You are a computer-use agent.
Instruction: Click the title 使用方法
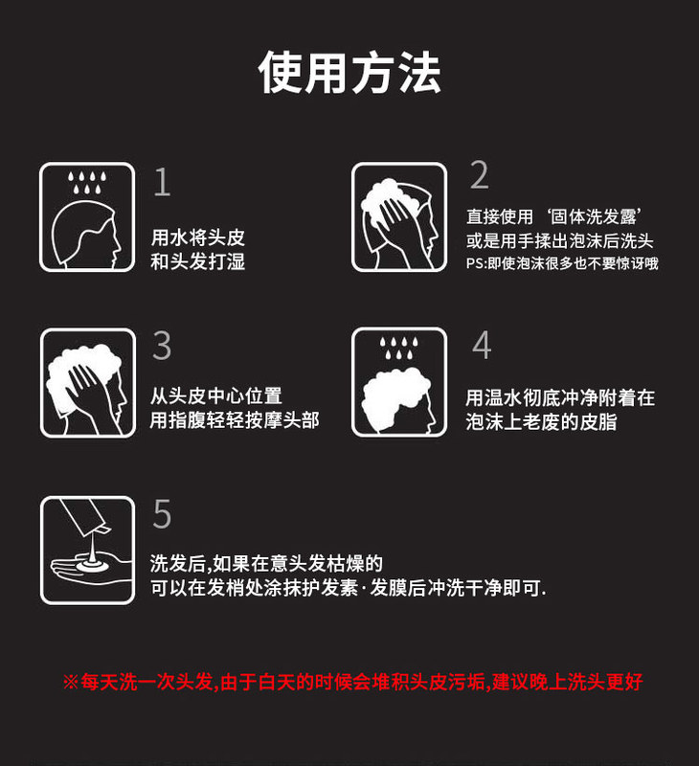349,73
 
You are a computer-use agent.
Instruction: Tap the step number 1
163,182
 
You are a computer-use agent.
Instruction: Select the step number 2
479,174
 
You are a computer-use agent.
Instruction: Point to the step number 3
162,346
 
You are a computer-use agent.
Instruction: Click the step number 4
482,345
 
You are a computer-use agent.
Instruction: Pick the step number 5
162,513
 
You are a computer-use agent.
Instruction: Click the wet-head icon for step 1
87,217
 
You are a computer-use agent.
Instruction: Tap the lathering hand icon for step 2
399,217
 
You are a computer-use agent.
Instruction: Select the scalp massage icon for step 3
88,382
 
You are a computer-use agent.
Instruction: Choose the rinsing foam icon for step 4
399,382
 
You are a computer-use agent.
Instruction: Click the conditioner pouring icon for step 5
87,550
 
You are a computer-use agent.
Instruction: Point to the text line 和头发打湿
198,261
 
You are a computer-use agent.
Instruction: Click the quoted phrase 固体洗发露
594,216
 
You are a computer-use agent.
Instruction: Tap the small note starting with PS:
562,263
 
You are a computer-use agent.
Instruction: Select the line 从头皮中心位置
215,395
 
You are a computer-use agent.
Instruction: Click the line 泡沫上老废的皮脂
541,421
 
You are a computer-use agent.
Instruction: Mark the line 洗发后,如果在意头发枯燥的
266,563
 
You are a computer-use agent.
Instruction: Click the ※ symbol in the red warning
70,682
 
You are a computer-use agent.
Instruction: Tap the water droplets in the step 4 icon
399,347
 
